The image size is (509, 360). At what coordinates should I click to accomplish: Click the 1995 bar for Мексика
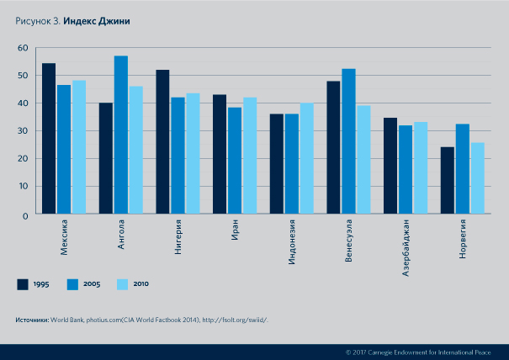pyautogui.click(x=49, y=138)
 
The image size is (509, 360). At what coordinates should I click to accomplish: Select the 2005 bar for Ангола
pyautogui.click(x=120, y=135)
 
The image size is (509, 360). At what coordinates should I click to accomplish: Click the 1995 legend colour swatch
pyautogui.click(x=24, y=284)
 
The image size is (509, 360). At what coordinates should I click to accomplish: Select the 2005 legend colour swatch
pyautogui.click(x=72, y=284)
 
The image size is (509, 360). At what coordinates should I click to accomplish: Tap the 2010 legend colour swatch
pyautogui.click(x=122, y=284)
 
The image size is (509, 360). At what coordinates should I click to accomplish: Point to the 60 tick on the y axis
pyautogui.click(x=24, y=48)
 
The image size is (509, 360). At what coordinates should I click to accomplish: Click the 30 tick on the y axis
pyautogui.click(x=24, y=131)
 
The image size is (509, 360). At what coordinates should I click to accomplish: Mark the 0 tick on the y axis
pyautogui.click(x=26, y=214)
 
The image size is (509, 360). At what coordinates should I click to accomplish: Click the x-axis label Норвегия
pyautogui.click(x=463, y=240)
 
